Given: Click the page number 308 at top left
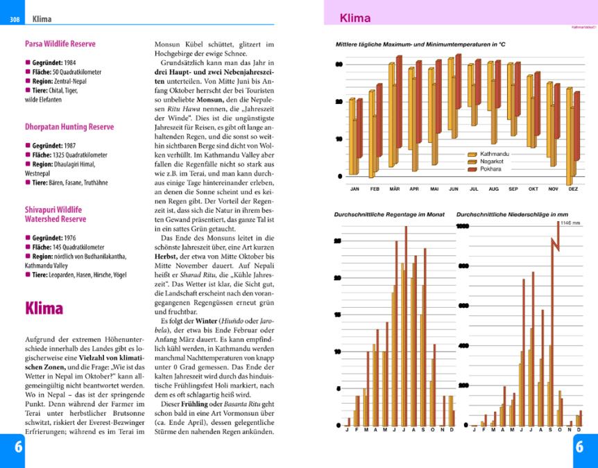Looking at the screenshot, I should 14,19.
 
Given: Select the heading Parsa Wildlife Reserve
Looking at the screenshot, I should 60,44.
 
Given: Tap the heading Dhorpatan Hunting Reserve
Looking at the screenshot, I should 69,127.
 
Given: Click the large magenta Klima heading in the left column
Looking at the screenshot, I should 44,308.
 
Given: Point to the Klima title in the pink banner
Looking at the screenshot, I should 355,19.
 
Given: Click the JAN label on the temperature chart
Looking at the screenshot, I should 354,189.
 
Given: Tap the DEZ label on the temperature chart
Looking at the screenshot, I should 573,189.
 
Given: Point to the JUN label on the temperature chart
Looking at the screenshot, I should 454,189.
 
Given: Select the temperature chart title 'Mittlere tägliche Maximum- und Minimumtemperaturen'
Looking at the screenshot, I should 419,44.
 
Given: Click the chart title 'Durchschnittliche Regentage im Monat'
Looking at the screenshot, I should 389,215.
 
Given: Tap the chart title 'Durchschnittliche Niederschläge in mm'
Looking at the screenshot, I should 512,215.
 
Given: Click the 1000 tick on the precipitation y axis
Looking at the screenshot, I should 463,227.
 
